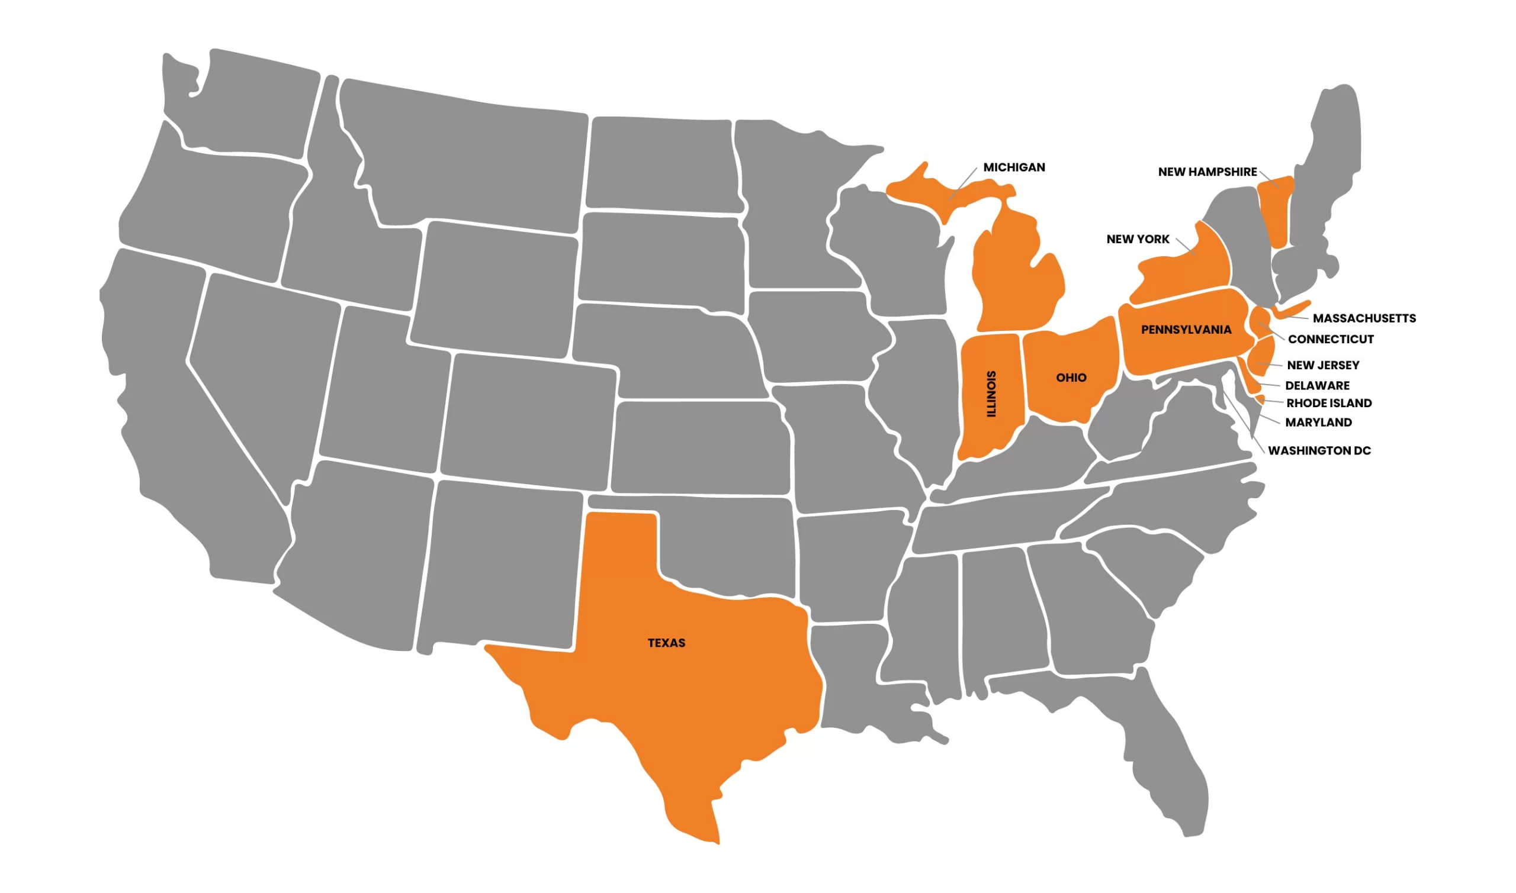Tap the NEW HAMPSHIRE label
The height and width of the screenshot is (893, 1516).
click(1207, 172)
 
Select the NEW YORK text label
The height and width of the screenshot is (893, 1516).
click(1138, 239)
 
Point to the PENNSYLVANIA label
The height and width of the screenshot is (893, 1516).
click(1186, 330)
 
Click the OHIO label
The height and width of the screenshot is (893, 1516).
click(1071, 378)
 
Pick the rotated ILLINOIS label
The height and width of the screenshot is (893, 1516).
click(991, 394)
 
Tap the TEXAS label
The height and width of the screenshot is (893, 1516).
click(666, 643)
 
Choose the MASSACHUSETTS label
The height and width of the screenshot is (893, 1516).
click(1364, 318)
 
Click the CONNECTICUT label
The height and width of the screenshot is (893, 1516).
click(1331, 340)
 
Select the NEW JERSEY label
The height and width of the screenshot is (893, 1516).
click(1323, 365)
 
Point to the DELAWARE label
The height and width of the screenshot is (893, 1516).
click(1317, 386)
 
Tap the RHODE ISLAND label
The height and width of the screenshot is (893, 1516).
click(1329, 403)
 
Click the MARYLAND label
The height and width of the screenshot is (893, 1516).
click(1319, 423)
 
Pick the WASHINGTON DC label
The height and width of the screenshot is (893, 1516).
click(1319, 451)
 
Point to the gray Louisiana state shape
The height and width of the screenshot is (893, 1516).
click(855, 680)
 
